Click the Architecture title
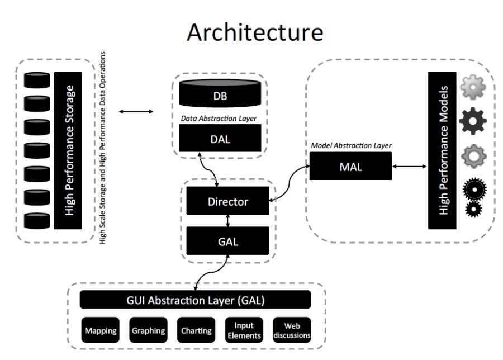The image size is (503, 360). coord(254,32)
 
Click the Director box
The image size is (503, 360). coord(227,201)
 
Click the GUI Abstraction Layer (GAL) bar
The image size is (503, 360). coord(195,300)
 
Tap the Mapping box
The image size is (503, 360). coord(101,330)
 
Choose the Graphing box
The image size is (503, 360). coord(148,330)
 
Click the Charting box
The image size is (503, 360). coord(196,330)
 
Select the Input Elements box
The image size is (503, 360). coord(244,330)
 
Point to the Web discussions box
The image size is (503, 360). coord(292,330)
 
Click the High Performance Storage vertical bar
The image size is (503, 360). coord(68,150)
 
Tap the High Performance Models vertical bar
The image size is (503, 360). coord(443,150)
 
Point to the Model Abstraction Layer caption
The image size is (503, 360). coord(350,145)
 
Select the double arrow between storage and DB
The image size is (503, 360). coord(136,112)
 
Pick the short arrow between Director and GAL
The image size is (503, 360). coord(227,221)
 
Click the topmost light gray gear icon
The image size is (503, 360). coord(472,88)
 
